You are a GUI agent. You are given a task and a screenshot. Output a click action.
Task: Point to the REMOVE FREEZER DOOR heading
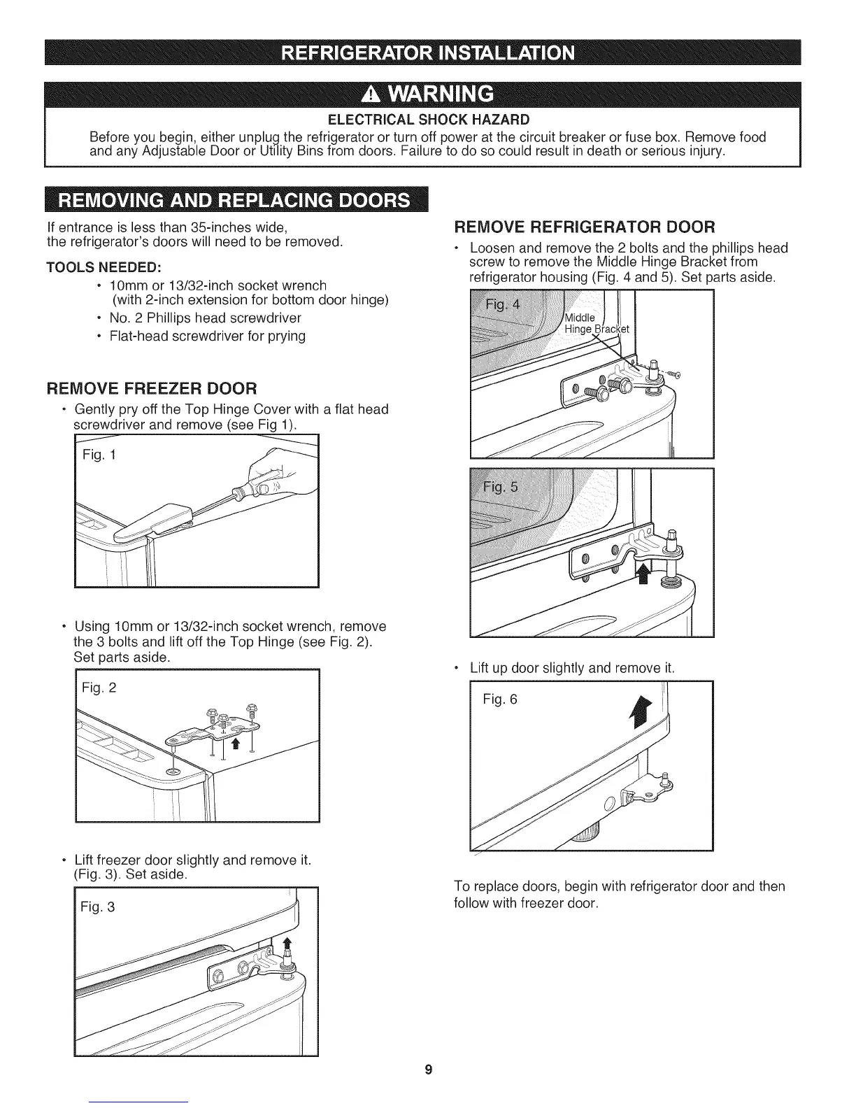pos(151,387)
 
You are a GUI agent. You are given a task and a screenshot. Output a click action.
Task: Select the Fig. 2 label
pos(99,688)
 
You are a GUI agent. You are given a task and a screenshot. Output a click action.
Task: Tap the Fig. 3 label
pos(98,907)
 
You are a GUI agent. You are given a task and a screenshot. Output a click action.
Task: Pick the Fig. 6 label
pos(500,699)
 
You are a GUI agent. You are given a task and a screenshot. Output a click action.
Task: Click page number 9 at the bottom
pos(428,1070)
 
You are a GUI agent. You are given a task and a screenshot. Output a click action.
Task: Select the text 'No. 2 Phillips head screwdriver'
pos(206,318)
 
